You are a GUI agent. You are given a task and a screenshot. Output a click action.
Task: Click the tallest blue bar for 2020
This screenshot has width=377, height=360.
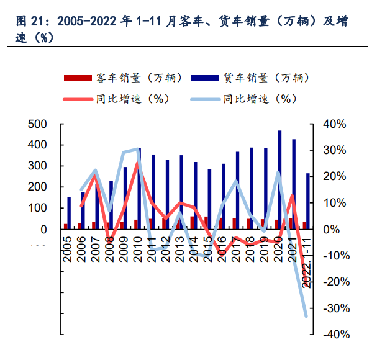(279, 180)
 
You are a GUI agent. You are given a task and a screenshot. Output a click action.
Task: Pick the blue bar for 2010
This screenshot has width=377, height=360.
(139, 189)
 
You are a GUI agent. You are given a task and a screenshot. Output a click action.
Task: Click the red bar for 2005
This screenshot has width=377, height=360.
(65, 227)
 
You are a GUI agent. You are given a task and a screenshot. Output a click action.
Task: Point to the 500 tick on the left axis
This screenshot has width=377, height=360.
(38, 124)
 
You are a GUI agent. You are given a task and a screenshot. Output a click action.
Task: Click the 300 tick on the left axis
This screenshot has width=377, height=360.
(38, 166)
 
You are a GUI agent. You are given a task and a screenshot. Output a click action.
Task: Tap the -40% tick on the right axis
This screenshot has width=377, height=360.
(337, 335)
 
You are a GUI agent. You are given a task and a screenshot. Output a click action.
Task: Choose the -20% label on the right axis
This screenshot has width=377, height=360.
(337, 282)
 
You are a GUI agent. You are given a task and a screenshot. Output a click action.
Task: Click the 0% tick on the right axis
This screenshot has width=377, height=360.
(333, 230)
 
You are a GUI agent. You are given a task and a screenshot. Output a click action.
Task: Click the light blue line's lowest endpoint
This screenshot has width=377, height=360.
(306, 316)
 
